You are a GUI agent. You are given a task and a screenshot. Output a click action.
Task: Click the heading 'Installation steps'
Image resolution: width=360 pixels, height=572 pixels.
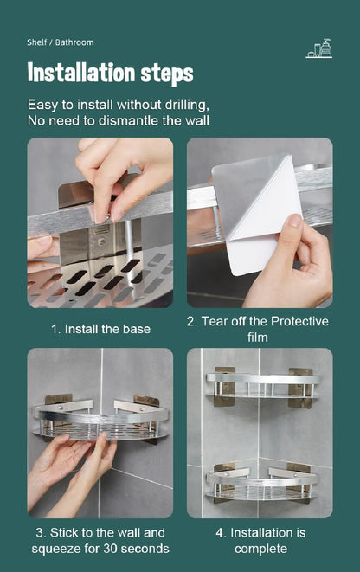click(110, 73)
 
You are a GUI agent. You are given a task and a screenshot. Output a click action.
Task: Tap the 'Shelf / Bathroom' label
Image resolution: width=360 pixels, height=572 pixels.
click(61, 42)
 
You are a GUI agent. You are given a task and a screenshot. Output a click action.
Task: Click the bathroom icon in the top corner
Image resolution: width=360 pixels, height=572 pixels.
click(318, 49)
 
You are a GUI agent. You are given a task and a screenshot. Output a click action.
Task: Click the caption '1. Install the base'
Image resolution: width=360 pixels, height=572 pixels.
click(100, 329)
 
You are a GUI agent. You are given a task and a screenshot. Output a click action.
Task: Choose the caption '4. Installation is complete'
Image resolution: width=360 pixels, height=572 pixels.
click(259, 540)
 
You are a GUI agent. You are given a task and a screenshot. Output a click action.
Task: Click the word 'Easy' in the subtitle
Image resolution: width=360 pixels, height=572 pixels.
click(45, 104)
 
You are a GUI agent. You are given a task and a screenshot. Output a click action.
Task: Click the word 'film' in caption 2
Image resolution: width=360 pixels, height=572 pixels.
click(259, 337)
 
